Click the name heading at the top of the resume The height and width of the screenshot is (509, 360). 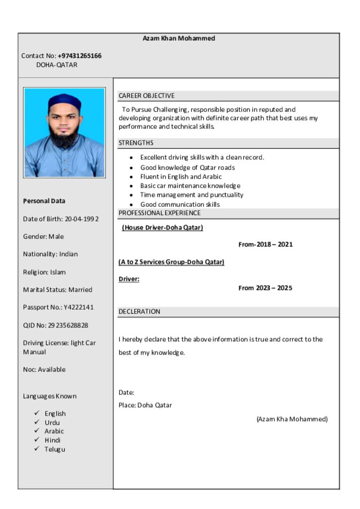(179, 38)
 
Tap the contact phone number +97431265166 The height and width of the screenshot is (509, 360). (80, 56)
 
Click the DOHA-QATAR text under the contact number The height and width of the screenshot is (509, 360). (57, 65)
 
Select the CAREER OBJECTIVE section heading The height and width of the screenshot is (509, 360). (146, 95)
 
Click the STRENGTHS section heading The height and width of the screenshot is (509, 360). (136, 143)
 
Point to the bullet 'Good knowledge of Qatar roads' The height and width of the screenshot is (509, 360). (187, 168)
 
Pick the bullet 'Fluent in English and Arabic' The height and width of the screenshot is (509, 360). (181, 176)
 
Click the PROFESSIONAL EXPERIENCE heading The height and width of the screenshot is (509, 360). (160, 213)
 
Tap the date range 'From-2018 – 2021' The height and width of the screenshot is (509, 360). (266, 244)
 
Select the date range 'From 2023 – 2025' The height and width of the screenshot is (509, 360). (266, 288)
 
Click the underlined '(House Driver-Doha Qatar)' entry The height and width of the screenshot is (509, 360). (163, 228)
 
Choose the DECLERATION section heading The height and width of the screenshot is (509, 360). (139, 312)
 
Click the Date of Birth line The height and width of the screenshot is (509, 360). (61, 219)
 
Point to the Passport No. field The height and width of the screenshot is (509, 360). (58, 307)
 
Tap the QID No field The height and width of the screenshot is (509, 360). (55, 325)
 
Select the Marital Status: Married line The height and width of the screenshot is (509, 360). (58, 289)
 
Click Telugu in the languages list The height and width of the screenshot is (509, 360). (55, 449)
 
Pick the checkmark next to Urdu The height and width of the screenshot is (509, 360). (37, 422)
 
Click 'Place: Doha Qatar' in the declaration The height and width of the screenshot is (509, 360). (145, 405)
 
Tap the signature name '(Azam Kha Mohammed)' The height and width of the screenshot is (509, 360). (292, 419)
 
